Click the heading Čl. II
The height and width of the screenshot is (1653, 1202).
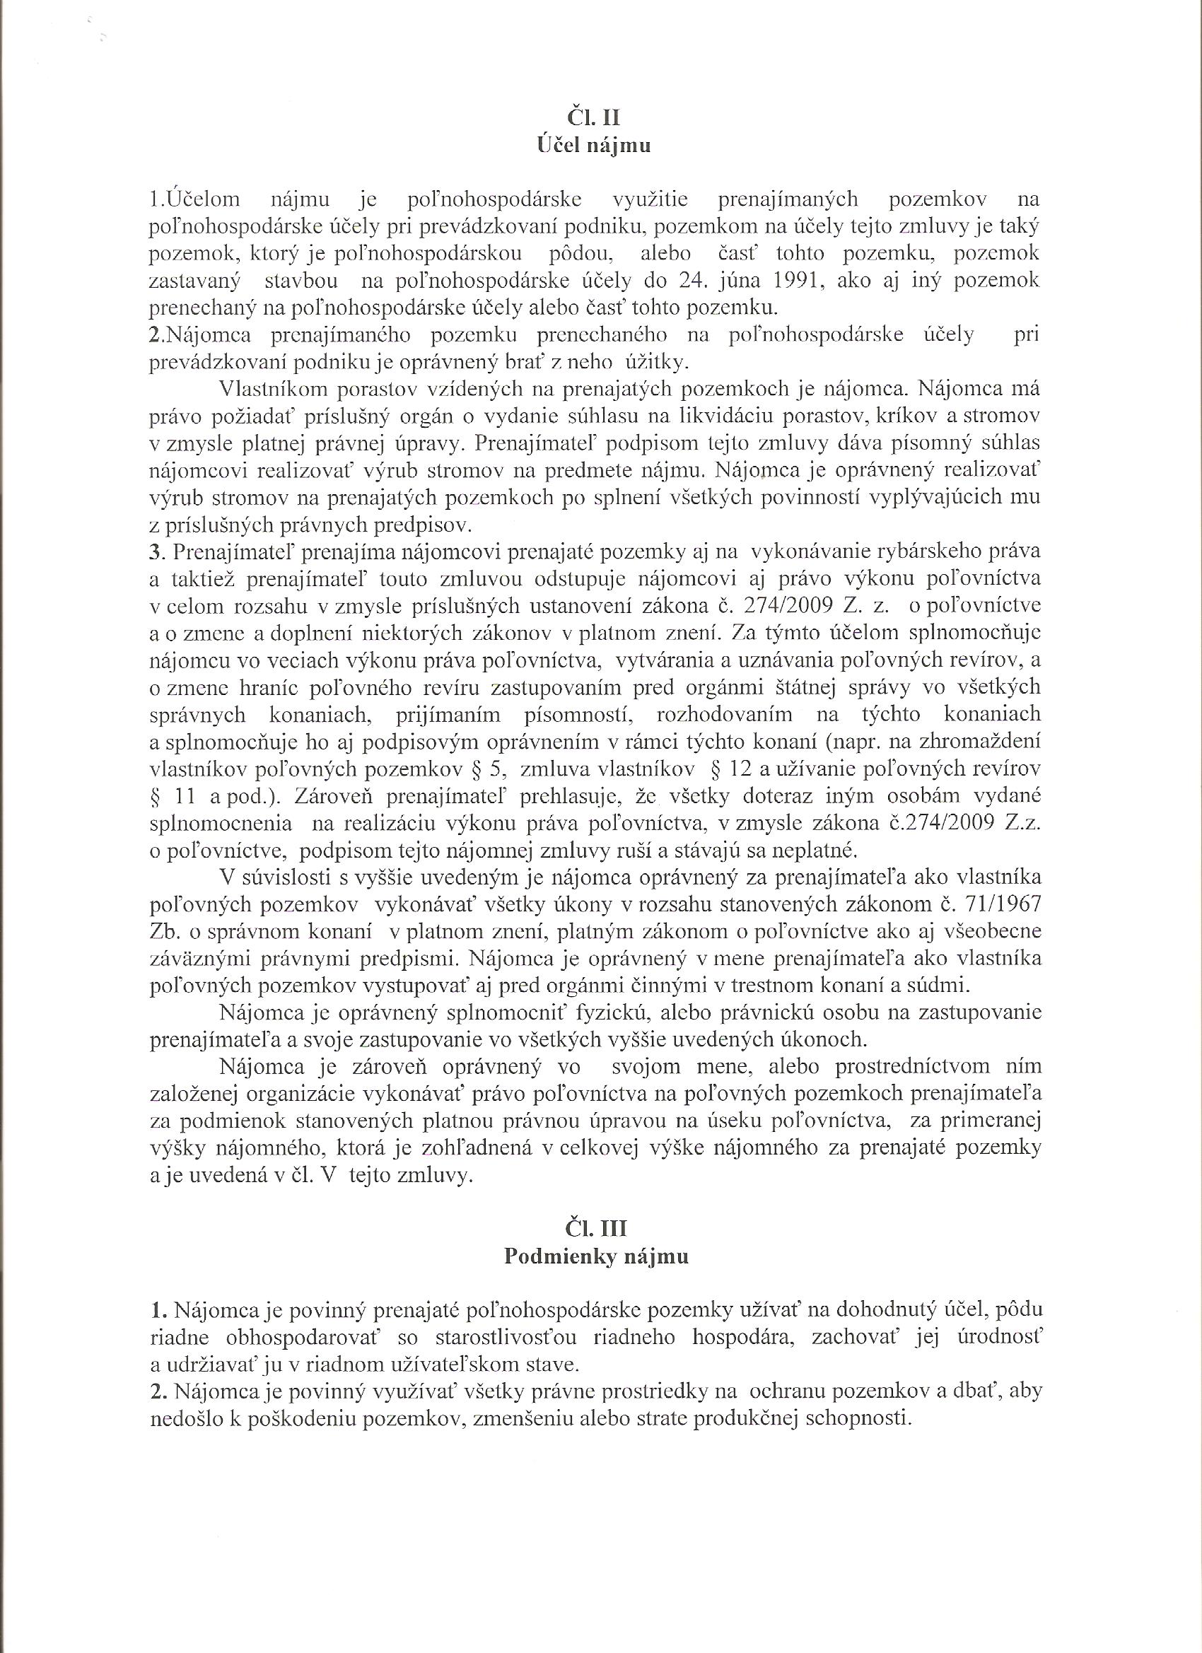tap(593, 117)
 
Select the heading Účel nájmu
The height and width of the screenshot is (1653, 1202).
tap(593, 145)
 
